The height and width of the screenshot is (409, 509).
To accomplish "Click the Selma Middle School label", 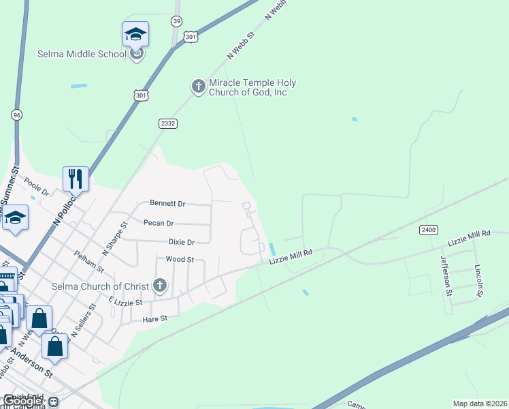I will click(x=82, y=54).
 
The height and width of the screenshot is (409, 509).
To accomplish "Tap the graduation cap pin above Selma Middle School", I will click(x=136, y=34).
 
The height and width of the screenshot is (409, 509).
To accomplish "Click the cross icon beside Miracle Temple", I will click(x=198, y=87).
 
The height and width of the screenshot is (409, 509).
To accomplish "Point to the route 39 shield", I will click(x=177, y=22).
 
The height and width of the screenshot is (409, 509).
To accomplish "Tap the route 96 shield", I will click(x=16, y=115).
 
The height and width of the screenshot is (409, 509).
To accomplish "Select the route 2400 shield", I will click(x=428, y=230).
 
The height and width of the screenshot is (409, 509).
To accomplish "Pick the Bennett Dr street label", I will click(x=167, y=203).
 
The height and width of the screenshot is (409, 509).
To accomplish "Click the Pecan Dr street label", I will click(x=159, y=223).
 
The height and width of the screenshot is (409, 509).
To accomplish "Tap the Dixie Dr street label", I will click(x=182, y=242).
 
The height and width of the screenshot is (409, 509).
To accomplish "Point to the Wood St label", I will click(x=180, y=260).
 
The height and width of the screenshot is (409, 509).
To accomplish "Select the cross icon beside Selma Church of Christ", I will click(x=160, y=286).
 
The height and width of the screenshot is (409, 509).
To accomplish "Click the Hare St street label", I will click(x=155, y=318).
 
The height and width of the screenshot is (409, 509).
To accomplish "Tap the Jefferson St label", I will click(x=446, y=271).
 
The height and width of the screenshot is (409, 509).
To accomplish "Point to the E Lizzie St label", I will click(x=125, y=301).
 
